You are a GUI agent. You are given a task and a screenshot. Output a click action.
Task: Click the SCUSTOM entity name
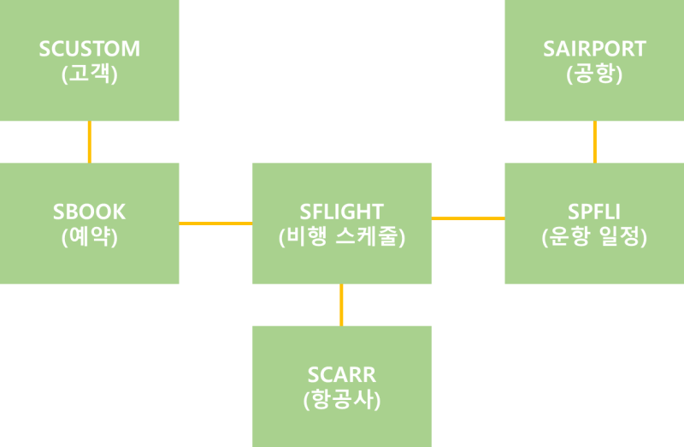click(x=90, y=49)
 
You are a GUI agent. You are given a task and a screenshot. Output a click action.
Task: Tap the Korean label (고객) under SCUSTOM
click(x=90, y=74)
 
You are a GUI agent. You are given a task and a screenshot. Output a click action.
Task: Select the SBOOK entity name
click(x=90, y=212)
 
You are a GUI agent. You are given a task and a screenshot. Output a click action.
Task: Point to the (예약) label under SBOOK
click(x=90, y=237)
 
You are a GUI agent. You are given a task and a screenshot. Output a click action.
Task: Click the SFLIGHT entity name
click(x=342, y=212)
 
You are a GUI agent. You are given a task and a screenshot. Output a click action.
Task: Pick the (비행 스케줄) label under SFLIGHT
click(x=342, y=237)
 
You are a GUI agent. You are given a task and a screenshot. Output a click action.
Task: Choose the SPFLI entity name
click(x=594, y=212)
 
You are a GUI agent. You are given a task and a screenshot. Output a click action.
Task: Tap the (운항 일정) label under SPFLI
click(x=594, y=237)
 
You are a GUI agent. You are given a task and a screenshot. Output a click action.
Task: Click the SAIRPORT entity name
click(x=594, y=49)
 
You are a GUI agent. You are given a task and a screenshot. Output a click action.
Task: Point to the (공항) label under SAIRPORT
click(x=594, y=74)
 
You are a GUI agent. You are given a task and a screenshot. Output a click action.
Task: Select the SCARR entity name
click(x=342, y=374)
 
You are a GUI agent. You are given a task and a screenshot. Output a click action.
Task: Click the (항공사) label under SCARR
click(x=342, y=400)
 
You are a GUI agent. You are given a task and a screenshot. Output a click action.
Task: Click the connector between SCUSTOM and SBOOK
click(x=89, y=142)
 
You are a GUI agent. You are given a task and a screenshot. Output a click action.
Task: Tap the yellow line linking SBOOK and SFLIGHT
click(x=215, y=223)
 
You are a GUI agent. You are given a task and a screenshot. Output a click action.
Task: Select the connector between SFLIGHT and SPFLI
click(x=468, y=219)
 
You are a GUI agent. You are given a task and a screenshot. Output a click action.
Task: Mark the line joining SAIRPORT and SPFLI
click(x=594, y=142)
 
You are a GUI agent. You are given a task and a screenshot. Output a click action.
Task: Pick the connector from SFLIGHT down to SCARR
click(x=341, y=305)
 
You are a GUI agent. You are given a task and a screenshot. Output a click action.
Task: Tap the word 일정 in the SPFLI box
click(x=622, y=237)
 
